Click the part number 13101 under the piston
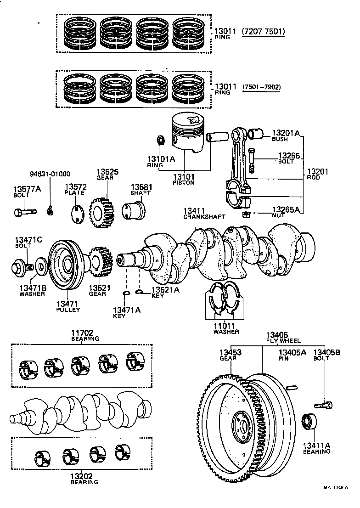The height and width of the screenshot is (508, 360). point(184,176)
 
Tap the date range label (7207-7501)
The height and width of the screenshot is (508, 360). point(263,32)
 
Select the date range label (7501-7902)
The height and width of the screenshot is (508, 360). point(262,86)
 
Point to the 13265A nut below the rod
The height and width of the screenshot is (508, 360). point(246,215)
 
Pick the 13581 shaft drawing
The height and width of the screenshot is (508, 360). point(133,211)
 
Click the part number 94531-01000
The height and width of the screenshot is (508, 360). point(50,174)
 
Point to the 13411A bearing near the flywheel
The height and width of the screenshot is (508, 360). point(308,422)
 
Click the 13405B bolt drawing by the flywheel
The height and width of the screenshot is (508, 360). point(323,405)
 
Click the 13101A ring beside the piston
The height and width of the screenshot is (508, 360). point(161,139)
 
